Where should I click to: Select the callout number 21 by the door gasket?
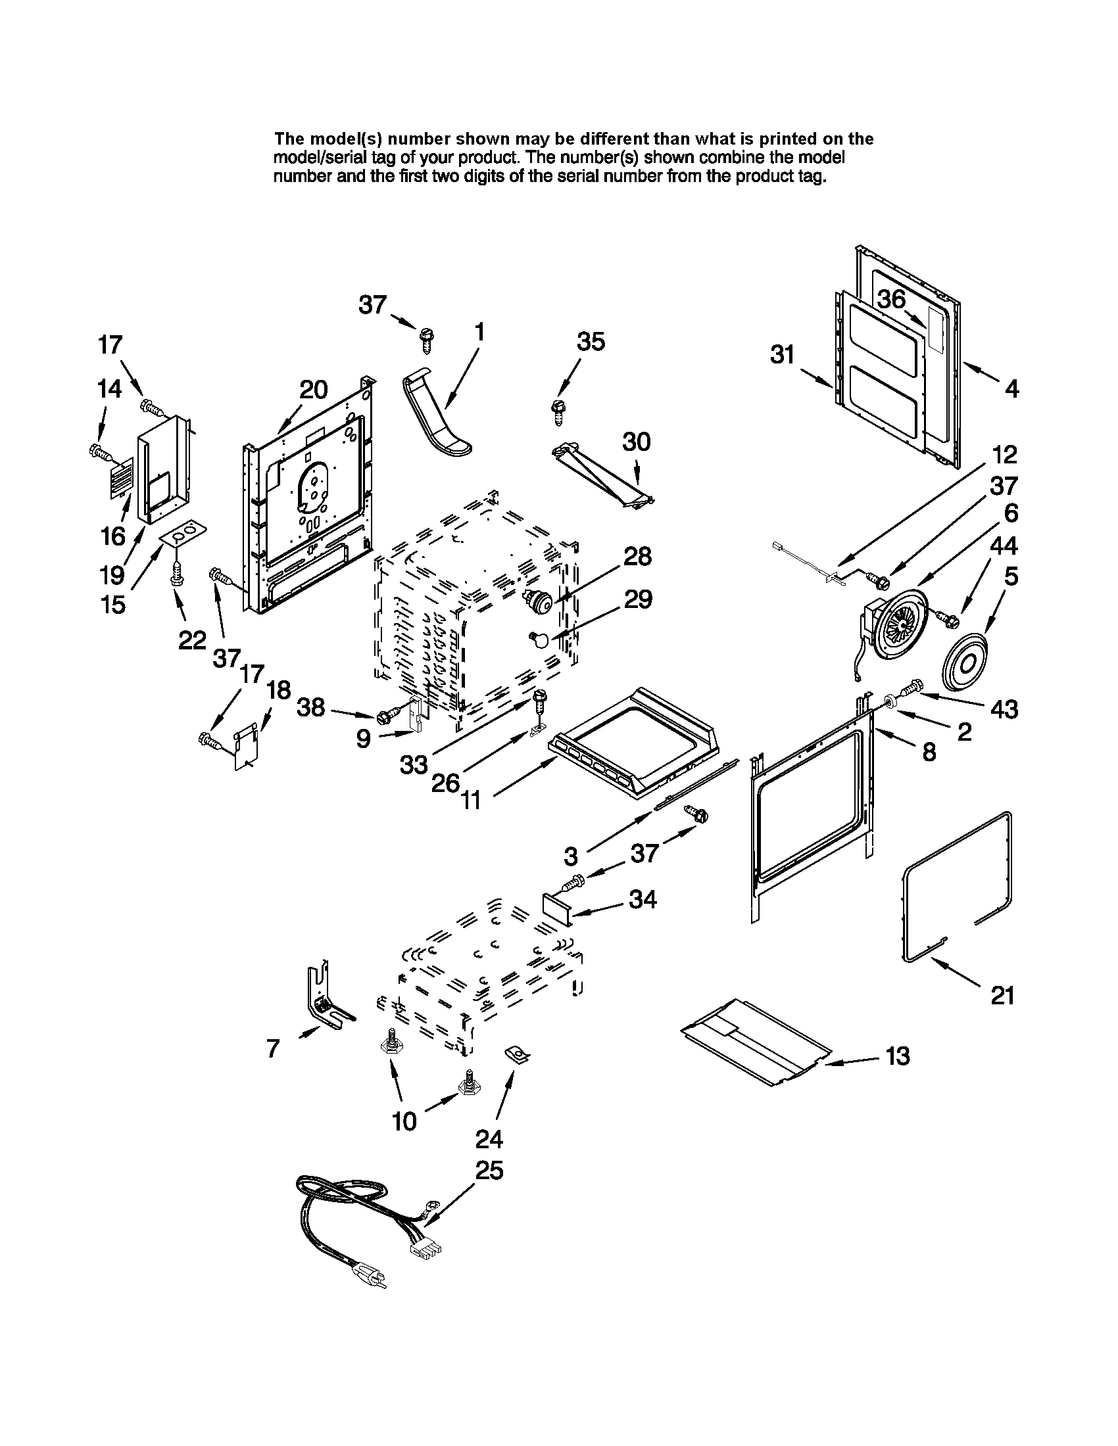[x=1002, y=1014]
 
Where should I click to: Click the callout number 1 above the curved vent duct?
[x=479, y=332]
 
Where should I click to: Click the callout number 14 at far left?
[x=109, y=388]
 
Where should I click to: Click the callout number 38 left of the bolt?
[x=310, y=708]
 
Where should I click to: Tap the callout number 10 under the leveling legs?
[x=404, y=1121]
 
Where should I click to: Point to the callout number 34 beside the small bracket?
[x=643, y=899]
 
